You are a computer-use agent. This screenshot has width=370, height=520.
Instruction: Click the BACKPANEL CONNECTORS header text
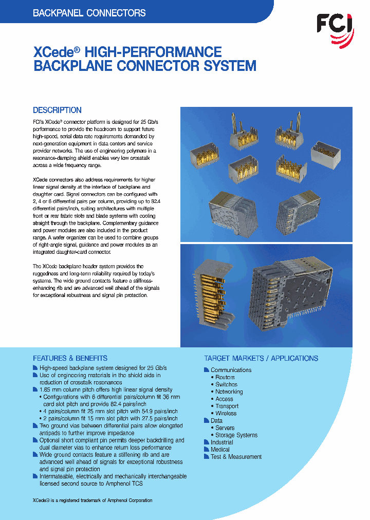(89, 13)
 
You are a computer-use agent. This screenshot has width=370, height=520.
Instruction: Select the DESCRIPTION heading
(57, 110)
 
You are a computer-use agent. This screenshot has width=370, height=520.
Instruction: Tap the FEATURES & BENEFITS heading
(70, 358)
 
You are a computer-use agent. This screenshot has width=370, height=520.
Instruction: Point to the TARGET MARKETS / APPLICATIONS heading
(261, 358)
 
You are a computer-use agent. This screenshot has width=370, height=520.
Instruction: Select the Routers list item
(225, 377)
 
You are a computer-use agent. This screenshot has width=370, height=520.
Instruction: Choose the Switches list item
(226, 384)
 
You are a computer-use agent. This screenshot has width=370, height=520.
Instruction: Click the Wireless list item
(226, 413)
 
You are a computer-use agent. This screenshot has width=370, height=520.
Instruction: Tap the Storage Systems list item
(236, 435)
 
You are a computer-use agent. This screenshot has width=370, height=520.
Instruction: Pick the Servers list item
(225, 428)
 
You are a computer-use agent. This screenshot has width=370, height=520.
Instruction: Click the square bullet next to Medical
(207, 450)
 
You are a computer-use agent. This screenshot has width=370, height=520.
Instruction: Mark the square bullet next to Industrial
(207, 442)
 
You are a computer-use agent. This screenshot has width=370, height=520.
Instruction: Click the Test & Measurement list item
(236, 457)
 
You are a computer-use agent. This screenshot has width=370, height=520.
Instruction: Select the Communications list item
(231, 370)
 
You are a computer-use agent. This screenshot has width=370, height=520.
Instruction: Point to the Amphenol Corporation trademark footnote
(92, 500)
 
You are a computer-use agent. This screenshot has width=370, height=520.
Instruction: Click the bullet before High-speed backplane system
(35, 368)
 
